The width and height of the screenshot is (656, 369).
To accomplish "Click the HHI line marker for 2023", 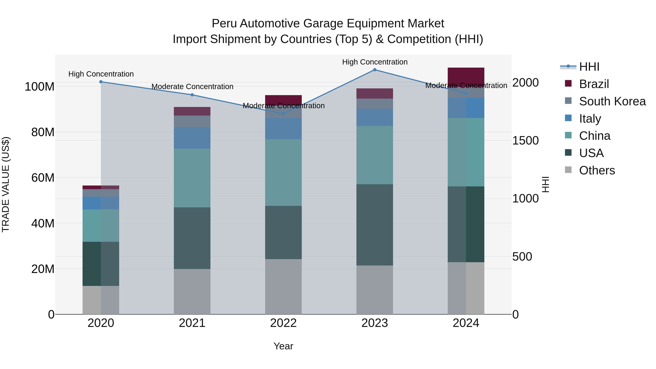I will [x=375, y=70].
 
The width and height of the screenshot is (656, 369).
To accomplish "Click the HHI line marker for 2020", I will [x=101, y=82].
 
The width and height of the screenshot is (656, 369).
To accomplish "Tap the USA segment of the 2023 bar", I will [x=375, y=225].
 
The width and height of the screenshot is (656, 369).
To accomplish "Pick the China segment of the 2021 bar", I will [x=192, y=178].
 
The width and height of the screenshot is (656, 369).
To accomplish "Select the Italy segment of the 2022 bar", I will [x=283, y=128].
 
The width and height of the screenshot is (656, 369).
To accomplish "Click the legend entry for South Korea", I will [x=612, y=101].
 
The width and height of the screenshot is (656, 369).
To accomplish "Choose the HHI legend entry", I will [x=589, y=67].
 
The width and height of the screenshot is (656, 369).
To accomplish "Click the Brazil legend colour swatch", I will [x=568, y=83].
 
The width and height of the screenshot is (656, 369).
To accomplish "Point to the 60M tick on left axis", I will [x=43, y=178].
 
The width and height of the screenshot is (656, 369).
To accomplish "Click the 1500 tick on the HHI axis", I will [x=525, y=140].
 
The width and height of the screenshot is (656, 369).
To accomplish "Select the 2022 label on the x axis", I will [x=283, y=323].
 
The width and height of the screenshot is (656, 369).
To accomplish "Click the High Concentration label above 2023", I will [x=375, y=62].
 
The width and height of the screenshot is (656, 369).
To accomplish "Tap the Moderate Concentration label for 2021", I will [x=192, y=87].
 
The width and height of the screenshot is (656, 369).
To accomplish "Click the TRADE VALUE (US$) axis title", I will [x=6, y=184].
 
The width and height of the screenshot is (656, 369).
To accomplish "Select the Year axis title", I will [x=283, y=346].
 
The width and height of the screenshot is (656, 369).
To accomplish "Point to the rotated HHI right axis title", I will [x=545, y=184].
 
